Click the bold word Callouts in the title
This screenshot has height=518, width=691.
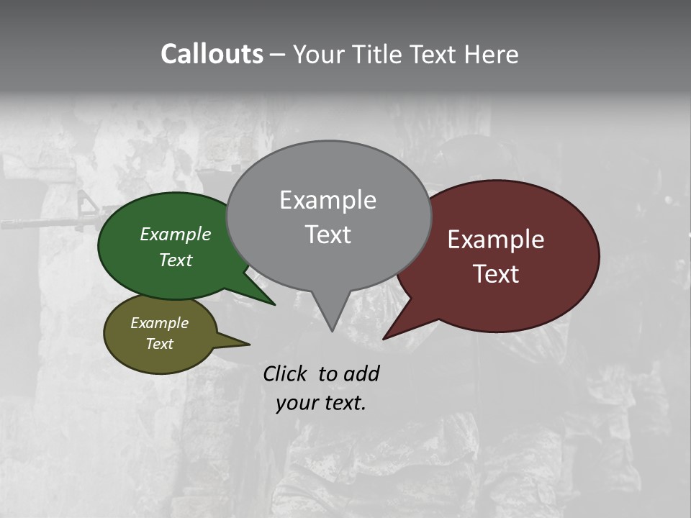212,54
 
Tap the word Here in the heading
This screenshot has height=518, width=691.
493,54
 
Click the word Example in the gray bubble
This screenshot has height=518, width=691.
328,200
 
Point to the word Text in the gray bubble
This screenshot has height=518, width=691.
328,235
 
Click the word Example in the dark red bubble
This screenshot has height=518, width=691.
496,240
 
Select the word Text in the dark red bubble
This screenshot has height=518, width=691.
496,274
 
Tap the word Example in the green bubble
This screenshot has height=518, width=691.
176,234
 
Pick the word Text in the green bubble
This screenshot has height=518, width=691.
176,260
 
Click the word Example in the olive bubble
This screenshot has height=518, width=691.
159,323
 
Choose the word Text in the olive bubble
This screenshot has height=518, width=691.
159,344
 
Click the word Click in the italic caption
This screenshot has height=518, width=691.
285,374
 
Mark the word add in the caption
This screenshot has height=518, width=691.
361,374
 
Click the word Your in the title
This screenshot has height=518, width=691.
318,54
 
